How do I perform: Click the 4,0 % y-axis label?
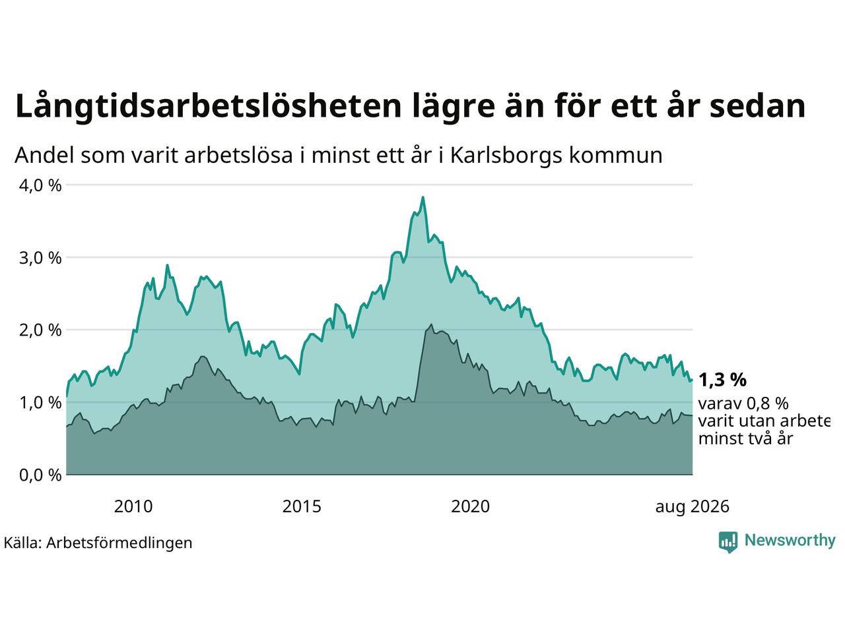[x=40, y=186]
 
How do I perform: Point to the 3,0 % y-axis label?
[x=40, y=258]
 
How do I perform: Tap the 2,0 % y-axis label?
[x=40, y=330]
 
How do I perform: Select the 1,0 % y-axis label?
[x=40, y=403]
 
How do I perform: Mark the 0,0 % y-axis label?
[x=40, y=475]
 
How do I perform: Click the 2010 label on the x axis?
[x=133, y=506]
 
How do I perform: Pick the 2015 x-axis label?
[x=302, y=506]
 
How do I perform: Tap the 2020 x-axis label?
[x=470, y=506]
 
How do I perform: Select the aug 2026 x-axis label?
[x=692, y=507]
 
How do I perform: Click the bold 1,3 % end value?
[x=722, y=380]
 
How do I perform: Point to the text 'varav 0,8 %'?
[x=743, y=404]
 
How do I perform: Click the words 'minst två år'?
[x=746, y=438]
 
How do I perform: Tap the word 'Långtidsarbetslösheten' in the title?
[x=208, y=106]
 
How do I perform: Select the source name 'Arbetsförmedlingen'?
[x=119, y=543]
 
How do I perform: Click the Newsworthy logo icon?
[x=728, y=542]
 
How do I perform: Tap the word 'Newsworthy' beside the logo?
[x=790, y=541]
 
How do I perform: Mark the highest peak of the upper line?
[x=422, y=197]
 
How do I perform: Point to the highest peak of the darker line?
[x=431, y=325]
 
